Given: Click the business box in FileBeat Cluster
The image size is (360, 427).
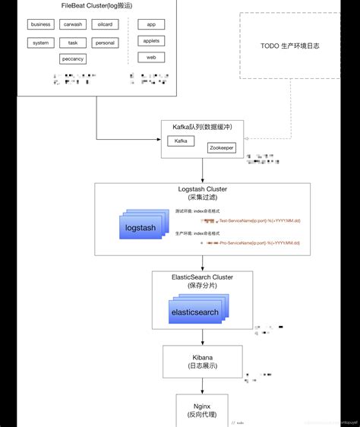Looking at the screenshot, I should (40, 24).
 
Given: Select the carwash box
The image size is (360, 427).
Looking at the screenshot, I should (73, 24).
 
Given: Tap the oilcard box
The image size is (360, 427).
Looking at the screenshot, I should (105, 24).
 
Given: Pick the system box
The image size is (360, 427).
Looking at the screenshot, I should (40, 43).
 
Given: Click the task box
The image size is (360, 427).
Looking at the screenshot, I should (73, 43).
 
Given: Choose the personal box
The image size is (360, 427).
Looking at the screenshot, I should (105, 43).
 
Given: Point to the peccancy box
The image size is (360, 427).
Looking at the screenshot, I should (73, 59).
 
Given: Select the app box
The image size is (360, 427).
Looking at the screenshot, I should (151, 24).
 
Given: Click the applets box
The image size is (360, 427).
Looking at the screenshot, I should (151, 41).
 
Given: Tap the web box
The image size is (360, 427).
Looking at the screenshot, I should (151, 57).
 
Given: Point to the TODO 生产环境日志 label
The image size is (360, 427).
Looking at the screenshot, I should (290, 46).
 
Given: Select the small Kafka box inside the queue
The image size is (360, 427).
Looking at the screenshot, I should (181, 141).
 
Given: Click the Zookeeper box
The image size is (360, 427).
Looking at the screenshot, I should (222, 147).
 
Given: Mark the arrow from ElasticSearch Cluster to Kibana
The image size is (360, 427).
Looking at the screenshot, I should (202, 337).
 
